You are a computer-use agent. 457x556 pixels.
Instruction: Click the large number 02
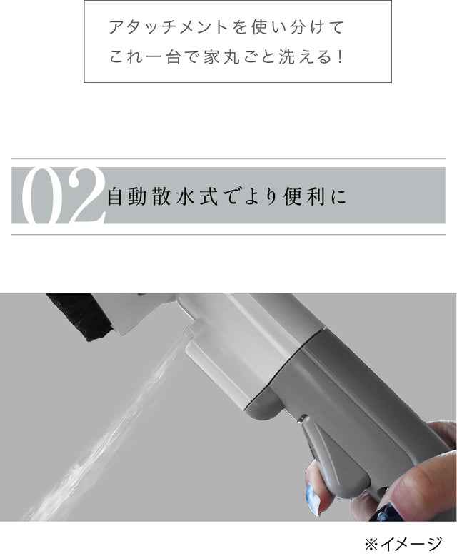[x=63, y=196]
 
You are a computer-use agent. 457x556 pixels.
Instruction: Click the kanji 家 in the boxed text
[x=211, y=56]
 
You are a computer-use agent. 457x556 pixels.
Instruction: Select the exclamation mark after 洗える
[x=341, y=57]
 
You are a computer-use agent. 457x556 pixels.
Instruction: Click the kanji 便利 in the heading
[x=304, y=196]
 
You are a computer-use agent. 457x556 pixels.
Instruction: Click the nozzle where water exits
[x=188, y=334]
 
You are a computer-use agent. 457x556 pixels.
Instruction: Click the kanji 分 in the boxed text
[x=297, y=28]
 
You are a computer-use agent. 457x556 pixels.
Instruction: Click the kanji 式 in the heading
[x=209, y=196]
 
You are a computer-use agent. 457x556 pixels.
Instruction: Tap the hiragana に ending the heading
[x=338, y=196]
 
